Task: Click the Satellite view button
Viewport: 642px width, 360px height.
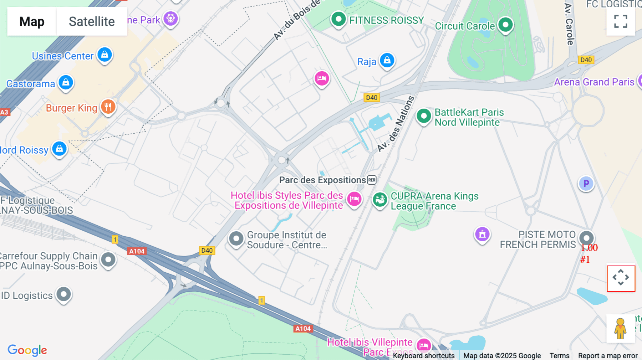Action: [92, 21]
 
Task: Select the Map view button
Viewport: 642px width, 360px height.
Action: [32, 21]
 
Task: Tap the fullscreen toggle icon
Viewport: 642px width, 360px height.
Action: [621, 21]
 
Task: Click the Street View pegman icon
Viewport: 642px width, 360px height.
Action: [620, 328]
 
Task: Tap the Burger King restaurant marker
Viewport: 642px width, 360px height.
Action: [108, 107]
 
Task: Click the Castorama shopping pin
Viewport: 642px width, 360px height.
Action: [66, 83]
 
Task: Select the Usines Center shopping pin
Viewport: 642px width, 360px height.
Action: [105, 55]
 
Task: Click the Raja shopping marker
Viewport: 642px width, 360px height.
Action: [387, 60]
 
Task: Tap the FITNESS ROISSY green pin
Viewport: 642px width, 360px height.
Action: [338, 19]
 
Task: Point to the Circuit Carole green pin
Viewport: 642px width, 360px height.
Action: [505, 25]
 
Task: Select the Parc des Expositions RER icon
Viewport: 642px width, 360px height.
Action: [372, 180]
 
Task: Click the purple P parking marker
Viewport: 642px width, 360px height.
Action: [586, 184]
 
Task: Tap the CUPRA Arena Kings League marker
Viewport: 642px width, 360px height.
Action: [380, 200]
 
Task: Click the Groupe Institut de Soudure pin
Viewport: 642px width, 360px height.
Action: [236, 238]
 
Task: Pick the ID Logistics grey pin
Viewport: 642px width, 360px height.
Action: [64, 294]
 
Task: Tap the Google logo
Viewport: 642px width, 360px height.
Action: [27, 350]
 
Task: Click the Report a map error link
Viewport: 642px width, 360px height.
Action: [607, 356]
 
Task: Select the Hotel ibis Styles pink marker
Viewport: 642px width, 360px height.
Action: [354, 199]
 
